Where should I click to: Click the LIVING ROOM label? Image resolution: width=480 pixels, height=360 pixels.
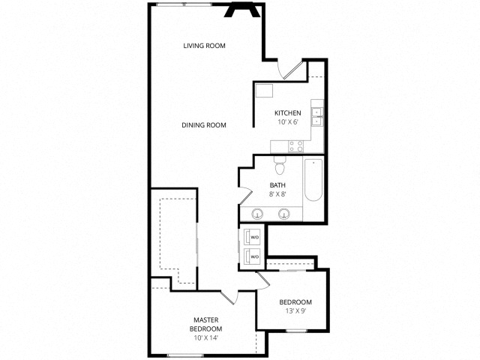[205, 46]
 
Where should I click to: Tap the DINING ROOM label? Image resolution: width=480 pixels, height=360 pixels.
[204, 125]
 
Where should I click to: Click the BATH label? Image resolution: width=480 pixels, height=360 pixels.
[277, 185]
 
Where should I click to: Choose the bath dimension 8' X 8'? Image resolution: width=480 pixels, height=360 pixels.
[277, 194]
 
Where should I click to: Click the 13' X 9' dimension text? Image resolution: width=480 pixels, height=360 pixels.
[295, 311]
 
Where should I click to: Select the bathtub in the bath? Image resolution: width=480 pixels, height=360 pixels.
[313, 180]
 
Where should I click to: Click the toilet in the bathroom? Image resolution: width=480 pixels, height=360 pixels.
[280, 162]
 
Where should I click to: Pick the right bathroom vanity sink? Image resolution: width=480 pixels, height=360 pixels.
[284, 214]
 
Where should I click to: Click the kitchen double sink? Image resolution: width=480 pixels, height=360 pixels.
[317, 116]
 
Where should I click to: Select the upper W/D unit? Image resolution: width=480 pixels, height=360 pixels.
[250, 238]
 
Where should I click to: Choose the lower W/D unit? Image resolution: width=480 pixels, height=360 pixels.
[250, 256]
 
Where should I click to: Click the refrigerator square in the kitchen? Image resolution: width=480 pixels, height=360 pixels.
[264, 91]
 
